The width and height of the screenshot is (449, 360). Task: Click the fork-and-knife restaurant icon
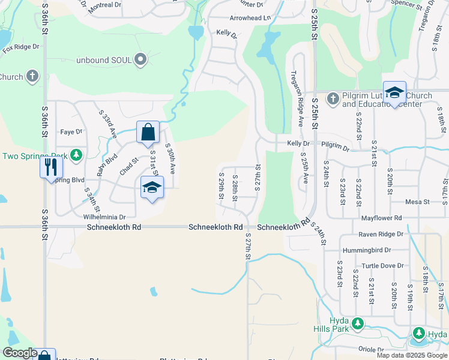50,166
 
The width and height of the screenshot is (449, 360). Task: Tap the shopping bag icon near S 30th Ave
148,132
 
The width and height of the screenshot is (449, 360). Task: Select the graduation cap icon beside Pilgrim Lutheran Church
394,92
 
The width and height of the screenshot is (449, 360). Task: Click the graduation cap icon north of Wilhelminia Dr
152,187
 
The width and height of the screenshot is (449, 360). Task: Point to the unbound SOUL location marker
141,59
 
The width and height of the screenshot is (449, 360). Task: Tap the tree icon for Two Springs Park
76,156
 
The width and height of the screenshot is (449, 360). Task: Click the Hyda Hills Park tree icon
358,324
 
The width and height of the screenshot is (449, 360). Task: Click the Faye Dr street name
71,131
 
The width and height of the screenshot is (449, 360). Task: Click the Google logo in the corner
20,353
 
